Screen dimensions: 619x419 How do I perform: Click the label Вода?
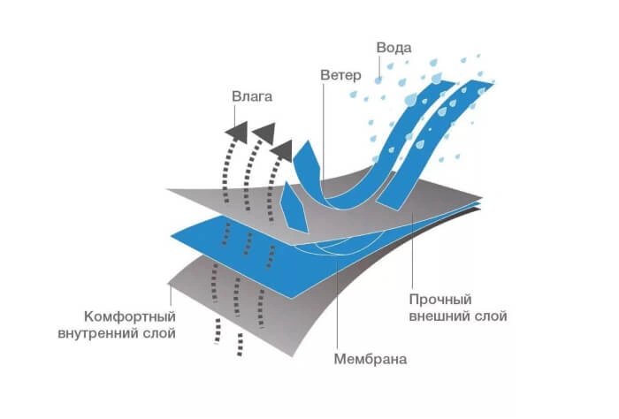pyautogui.click(x=394, y=48)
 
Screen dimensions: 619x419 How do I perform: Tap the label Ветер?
pyautogui.click(x=340, y=75)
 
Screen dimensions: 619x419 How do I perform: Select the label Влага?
pyautogui.click(x=252, y=96)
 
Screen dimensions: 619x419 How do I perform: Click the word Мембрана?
pyautogui.click(x=371, y=359)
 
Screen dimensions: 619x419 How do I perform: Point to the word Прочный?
pyautogui.click(x=440, y=300)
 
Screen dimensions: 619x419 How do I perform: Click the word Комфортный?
pyautogui.click(x=130, y=316)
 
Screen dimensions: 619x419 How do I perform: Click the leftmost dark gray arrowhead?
pyautogui.click(x=237, y=132)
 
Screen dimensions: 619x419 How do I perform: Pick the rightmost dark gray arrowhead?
pyautogui.click(x=282, y=150)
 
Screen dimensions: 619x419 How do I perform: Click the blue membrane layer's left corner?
pyautogui.click(x=171, y=236)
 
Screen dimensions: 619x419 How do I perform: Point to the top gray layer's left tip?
pyautogui.click(x=166, y=189)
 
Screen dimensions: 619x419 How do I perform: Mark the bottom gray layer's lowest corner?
pyautogui.click(x=293, y=356)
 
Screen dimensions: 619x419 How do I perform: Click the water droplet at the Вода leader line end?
pyautogui.click(x=378, y=80)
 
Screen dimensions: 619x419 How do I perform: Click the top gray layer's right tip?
pyautogui.click(x=483, y=197)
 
